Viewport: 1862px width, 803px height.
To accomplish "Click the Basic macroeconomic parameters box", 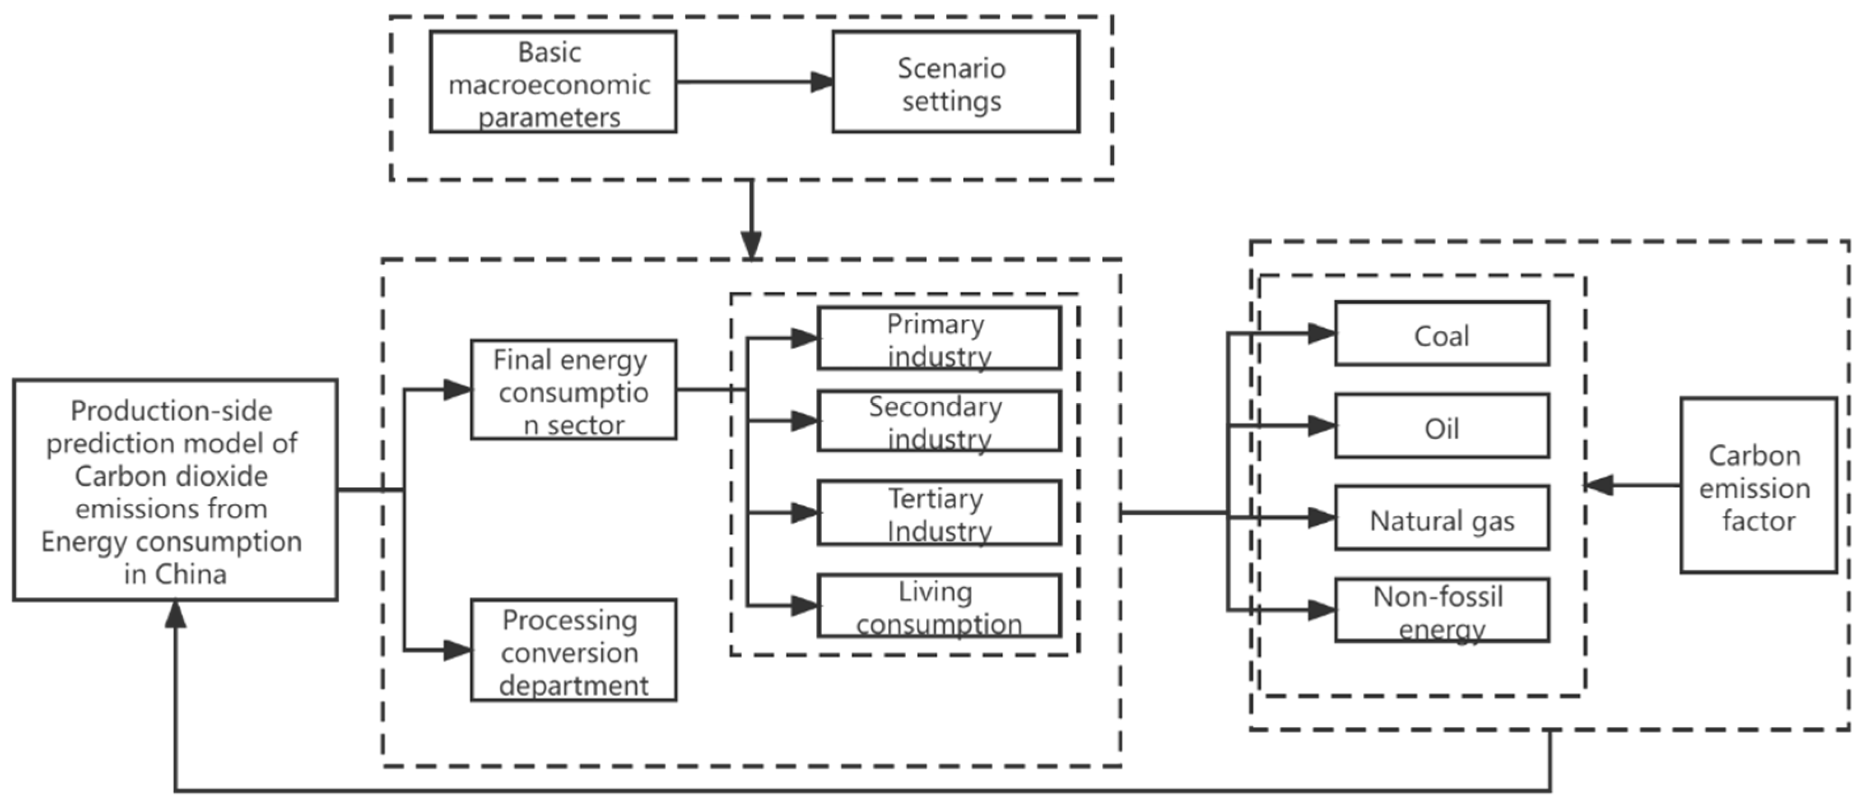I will (553, 82).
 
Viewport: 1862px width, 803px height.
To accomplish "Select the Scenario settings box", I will (955, 82).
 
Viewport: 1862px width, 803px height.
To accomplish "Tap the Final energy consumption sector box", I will (573, 389).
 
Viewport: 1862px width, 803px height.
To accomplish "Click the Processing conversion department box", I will (573, 650).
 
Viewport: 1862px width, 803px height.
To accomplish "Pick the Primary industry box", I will (939, 338).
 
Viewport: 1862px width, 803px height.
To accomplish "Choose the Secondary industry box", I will (939, 421).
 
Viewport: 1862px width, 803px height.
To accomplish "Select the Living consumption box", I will (939, 606).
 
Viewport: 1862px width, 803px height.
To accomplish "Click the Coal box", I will (1441, 333).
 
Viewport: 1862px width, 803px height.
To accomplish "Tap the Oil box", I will (1441, 426).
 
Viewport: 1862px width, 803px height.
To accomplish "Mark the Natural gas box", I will (1441, 518).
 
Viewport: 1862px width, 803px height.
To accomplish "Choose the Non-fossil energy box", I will (1441, 610).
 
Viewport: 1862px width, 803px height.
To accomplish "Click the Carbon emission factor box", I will (1758, 485).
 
